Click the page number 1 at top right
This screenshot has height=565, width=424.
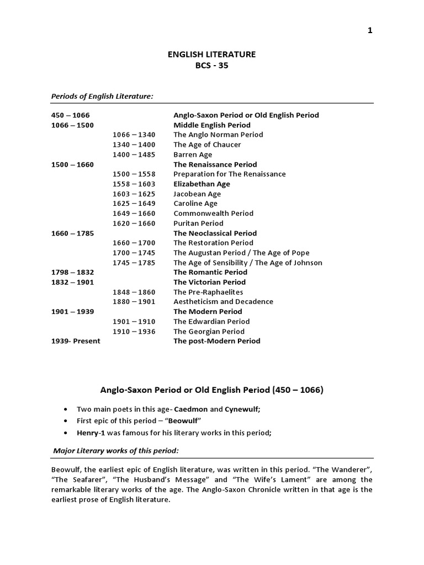(x=370, y=30)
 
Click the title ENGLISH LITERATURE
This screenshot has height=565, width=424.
(x=211, y=54)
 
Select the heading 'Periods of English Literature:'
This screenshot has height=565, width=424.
(x=102, y=96)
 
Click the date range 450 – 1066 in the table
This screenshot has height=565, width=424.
(x=70, y=115)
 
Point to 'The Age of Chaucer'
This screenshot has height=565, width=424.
(x=207, y=145)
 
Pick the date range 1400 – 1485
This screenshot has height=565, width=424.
(x=134, y=154)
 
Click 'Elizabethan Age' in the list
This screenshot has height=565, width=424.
(x=202, y=184)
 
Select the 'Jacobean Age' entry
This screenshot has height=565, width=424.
(x=197, y=194)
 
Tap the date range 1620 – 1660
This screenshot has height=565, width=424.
(x=134, y=223)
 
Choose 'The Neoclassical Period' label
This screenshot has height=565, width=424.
(x=215, y=233)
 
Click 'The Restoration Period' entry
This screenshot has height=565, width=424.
(x=213, y=243)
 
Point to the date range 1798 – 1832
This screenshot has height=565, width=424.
(x=72, y=272)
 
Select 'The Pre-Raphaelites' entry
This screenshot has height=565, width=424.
(x=208, y=292)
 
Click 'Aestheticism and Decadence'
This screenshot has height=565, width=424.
(x=223, y=302)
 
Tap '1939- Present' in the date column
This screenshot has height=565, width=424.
(x=76, y=341)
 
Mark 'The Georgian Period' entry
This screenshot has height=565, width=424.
(x=209, y=332)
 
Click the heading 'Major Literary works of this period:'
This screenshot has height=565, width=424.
(x=116, y=451)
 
